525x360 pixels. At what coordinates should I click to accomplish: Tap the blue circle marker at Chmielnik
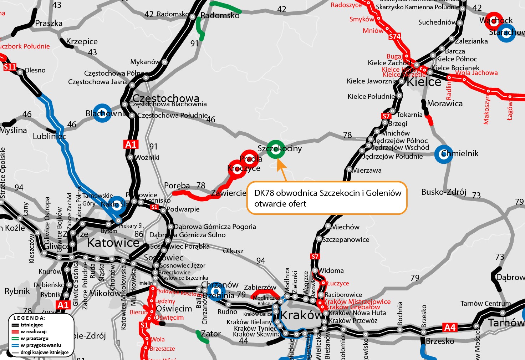(444, 154)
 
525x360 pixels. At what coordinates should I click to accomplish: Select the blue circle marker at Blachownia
(102, 113)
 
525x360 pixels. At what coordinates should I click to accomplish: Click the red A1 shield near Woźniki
(131, 144)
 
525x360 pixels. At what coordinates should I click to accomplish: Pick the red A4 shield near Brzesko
(450, 328)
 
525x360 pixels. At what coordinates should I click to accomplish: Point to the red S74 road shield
(395, 36)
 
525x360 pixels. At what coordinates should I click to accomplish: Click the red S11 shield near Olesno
(10, 67)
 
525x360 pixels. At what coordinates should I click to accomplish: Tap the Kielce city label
(424, 82)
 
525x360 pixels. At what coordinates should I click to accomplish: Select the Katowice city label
(113, 243)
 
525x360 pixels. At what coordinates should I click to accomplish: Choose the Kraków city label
(301, 315)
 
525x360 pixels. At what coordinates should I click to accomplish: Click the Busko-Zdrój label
(444, 192)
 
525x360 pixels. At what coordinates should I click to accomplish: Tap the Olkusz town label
(233, 251)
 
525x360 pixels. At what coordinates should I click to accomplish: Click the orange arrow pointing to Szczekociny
(282, 169)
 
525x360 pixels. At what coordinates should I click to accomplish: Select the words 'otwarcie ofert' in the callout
(280, 204)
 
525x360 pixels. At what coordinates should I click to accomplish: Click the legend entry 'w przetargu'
(35, 338)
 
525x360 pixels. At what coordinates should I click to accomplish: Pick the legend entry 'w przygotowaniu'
(41, 345)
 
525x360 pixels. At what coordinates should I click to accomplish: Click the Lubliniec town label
(50, 136)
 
